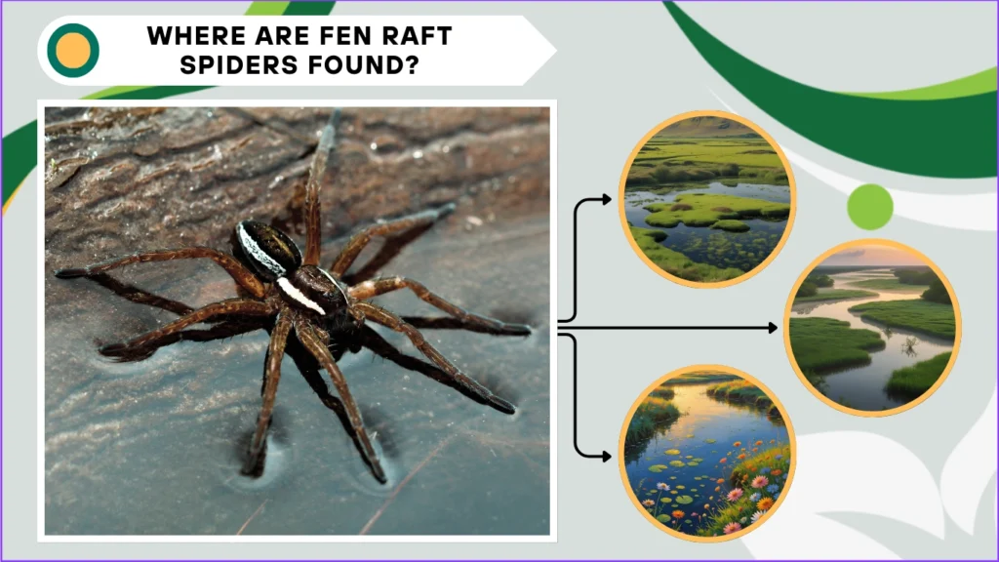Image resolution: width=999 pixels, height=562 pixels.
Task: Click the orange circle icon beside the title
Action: (73, 51)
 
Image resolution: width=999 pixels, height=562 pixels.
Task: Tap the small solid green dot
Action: (870, 206)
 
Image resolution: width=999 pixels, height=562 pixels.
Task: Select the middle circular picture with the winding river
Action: (872, 328)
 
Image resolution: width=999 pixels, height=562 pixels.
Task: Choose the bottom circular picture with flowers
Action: (707, 453)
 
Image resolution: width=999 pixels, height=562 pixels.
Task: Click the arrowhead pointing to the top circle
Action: (606, 199)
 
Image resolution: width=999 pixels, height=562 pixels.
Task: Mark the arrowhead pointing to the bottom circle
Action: (606, 455)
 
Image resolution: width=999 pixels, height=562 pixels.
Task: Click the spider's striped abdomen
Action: (266, 250)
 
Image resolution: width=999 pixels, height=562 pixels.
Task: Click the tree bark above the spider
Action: (195, 156)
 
